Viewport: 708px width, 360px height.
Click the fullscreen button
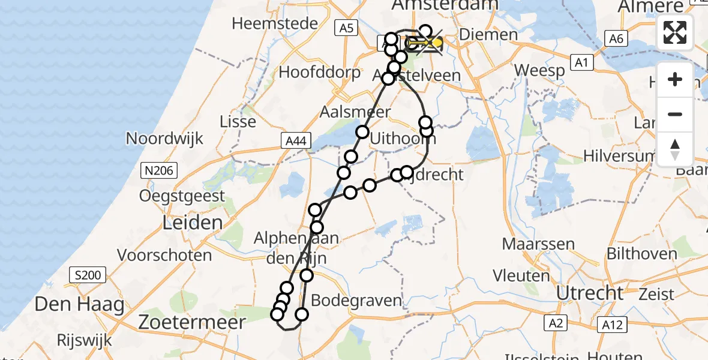tap(675, 32)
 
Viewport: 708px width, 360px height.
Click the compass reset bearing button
tap(675, 149)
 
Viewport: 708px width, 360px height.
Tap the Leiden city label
tap(184, 223)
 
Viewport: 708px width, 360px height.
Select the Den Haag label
tap(79, 304)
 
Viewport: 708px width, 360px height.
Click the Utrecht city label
tap(590, 293)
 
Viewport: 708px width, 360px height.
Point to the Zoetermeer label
tap(192, 322)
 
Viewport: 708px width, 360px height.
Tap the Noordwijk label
tap(164, 139)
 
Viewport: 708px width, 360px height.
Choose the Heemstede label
tap(266, 23)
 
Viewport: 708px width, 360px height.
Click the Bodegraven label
tap(357, 301)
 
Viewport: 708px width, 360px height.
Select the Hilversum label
tap(617, 156)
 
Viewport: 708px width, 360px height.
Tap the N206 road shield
tap(159, 171)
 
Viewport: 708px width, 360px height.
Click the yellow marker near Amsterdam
tap(436, 43)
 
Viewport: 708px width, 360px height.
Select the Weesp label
tap(539, 71)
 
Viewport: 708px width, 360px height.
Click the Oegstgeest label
tap(182, 196)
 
